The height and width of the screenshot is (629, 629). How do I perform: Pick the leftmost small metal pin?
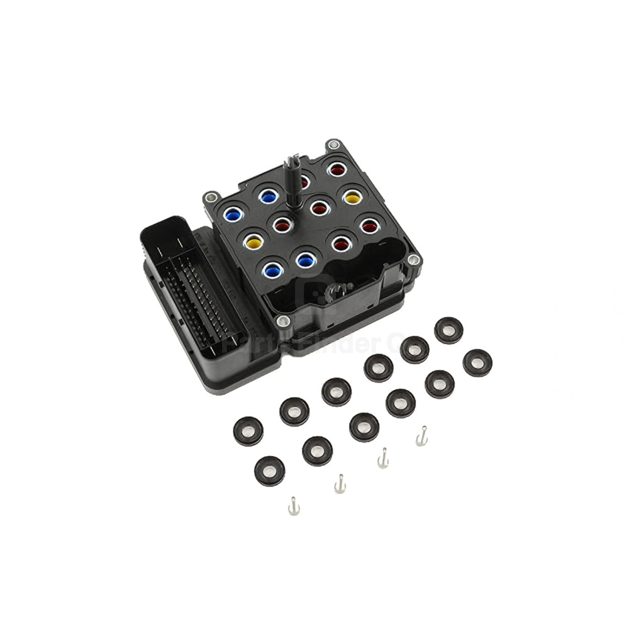tap(292, 505)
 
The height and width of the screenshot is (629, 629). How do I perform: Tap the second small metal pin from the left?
tap(340, 483)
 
